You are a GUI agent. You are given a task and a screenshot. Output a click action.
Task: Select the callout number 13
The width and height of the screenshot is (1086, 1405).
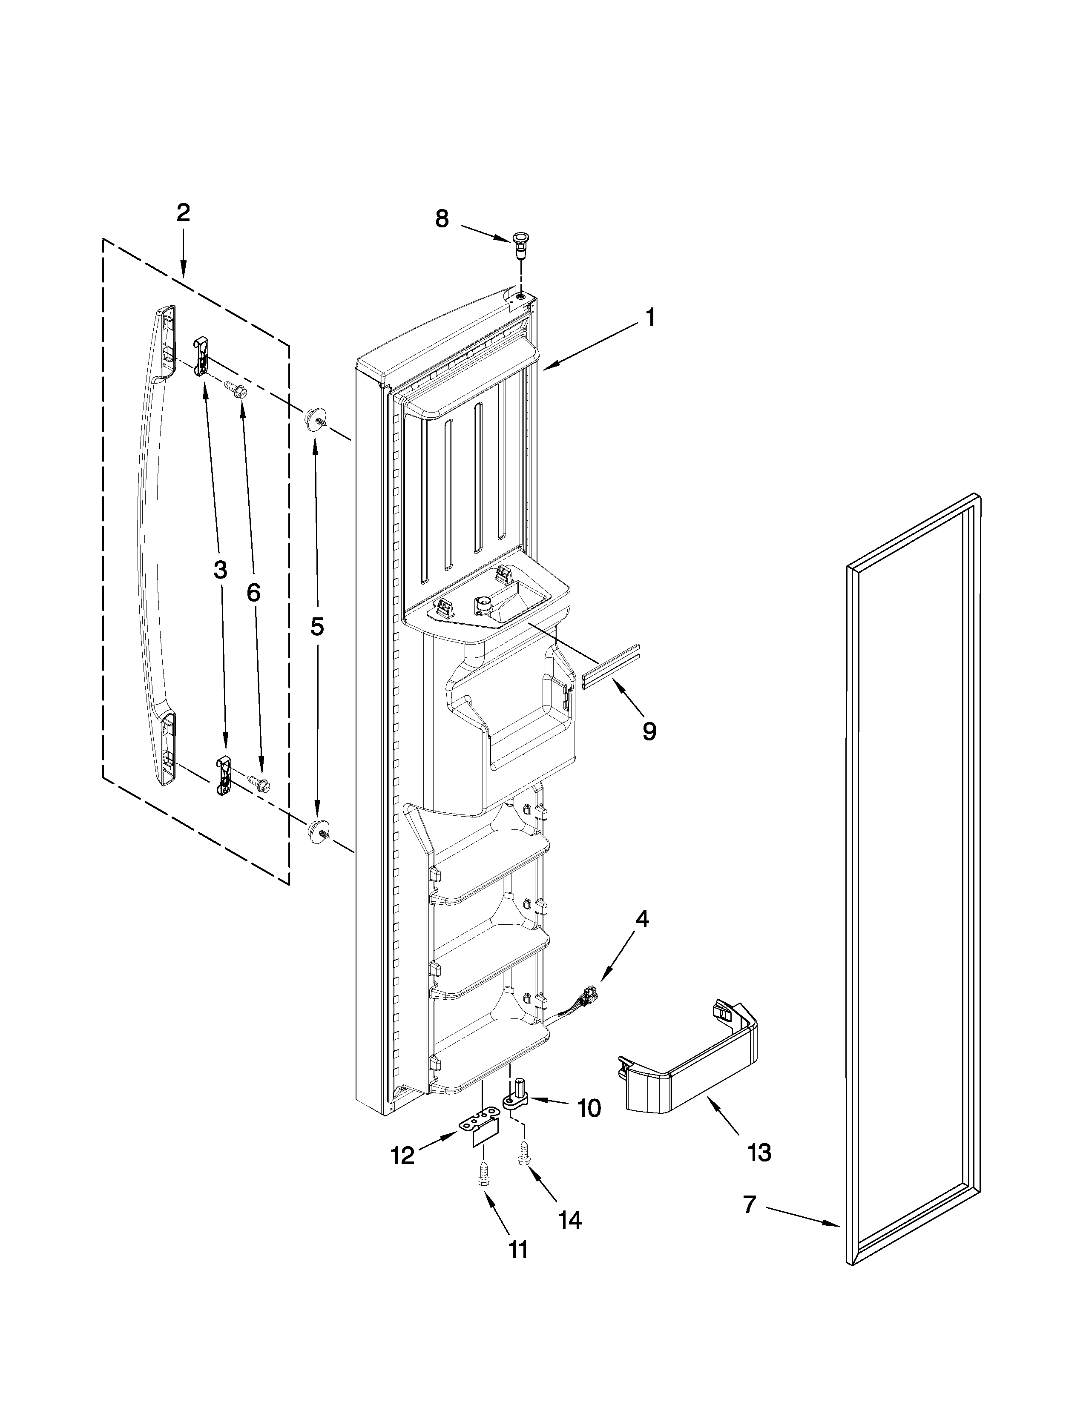pyautogui.click(x=759, y=1153)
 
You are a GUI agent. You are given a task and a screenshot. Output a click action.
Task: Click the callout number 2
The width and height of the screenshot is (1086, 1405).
pyautogui.click(x=184, y=213)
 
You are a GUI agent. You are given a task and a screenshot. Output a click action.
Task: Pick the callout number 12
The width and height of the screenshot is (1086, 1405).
pyautogui.click(x=403, y=1156)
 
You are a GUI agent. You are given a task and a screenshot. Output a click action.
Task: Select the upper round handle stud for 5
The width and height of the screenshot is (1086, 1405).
pyautogui.click(x=315, y=418)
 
